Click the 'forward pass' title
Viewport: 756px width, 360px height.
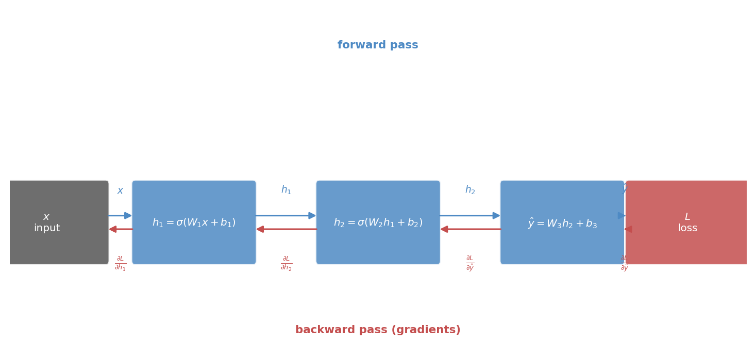[378, 45]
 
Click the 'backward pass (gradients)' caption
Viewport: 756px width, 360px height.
[378, 330]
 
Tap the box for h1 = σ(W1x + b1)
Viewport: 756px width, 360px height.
[194, 242]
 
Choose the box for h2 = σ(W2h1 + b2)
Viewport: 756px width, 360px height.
[378, 242]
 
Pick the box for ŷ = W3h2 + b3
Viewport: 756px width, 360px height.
[562, 242]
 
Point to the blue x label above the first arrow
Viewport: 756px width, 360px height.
[120, 191]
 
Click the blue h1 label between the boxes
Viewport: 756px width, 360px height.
[286, 190]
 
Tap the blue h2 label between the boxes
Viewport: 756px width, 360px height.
[470, 190]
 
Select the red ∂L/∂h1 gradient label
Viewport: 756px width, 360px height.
[120, 263]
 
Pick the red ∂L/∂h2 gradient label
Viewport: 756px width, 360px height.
[286, 263]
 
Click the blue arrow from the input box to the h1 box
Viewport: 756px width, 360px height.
[120, 215]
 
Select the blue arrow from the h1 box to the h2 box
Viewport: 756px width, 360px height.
[286, 215]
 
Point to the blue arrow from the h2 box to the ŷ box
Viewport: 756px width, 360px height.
[470, 215]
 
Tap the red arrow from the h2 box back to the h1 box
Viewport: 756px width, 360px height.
[287, 229]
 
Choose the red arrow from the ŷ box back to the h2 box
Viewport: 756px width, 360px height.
[471, 229]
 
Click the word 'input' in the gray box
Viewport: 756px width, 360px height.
[47, 228]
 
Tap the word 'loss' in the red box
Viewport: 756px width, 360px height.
[687, 228]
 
